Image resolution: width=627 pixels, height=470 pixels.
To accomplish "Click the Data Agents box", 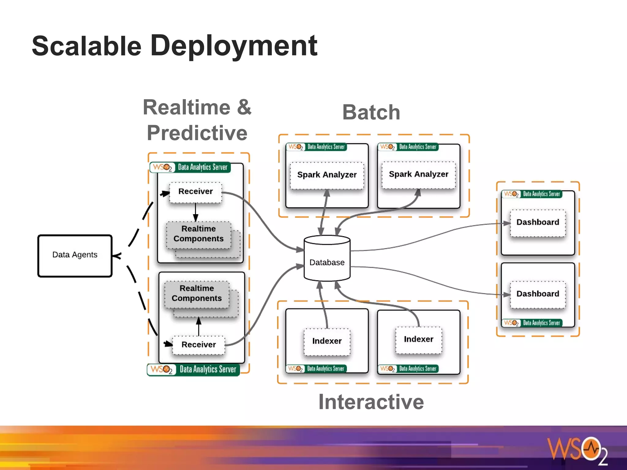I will (75, 256).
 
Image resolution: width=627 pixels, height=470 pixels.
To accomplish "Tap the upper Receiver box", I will (195, 192).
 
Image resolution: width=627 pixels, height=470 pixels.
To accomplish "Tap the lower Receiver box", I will (198, 345).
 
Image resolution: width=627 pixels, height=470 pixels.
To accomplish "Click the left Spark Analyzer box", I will (327, 175).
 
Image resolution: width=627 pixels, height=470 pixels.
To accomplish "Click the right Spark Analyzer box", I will (418, 174).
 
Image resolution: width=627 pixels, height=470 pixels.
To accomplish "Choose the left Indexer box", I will (327, 341).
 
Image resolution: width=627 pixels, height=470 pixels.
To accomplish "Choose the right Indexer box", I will (418, 339).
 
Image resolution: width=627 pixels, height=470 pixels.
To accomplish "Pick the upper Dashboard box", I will (537, 222).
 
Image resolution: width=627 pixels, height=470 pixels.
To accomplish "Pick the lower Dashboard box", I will (537, 294).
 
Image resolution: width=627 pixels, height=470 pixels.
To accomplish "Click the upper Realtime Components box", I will (198, 234).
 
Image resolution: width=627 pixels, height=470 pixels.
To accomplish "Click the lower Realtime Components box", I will (197, 293).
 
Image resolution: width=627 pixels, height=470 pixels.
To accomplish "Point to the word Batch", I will (371, 112).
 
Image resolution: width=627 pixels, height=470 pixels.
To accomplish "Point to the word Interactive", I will (371, 402).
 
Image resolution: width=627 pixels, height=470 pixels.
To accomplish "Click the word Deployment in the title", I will (234, 46).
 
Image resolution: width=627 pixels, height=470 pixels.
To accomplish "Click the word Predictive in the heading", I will (197, 133).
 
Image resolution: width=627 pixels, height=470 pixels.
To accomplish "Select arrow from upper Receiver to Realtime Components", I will (196, 212).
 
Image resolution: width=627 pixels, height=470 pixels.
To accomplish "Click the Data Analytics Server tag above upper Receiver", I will (190, 167).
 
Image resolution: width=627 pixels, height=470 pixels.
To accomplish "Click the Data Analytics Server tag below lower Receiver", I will (193, 369).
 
